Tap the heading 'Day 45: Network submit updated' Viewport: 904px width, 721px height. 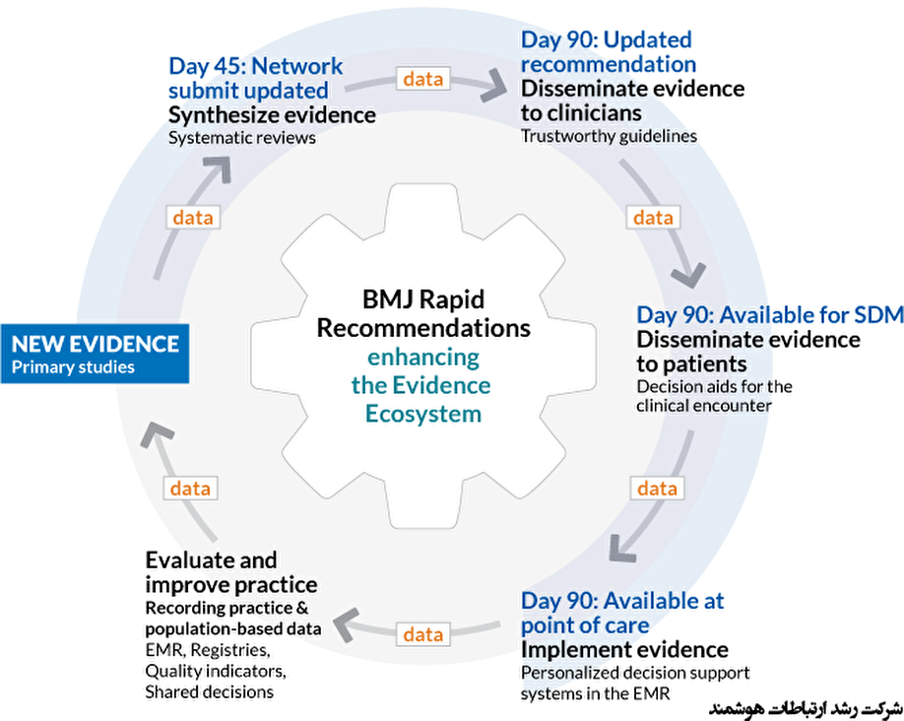click(x=255, y=78)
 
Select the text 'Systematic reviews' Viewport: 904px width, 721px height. click(x=241, y=138)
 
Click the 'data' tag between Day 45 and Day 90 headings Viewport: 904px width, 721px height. click(x=422, y=79)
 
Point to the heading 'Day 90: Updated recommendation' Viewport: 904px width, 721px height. click(x=608, y=52)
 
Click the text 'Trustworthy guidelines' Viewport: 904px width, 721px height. click(x=609, y=136)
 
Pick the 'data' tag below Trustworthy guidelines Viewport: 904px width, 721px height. click(x=653, y=218)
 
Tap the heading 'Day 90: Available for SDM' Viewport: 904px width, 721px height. click(x=769, y=315)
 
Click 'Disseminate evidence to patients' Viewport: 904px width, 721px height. click(x=747, y=352)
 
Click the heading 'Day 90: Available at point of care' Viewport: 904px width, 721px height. click(x=621, y=613)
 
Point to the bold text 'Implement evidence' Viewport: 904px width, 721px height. click(x=624, y=650)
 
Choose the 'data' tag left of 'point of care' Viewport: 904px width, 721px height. click(x=422, y=634)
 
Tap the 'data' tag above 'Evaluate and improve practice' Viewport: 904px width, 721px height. click(x=190, y=488)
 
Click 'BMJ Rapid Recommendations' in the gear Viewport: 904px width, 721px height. click(x=422, y=313)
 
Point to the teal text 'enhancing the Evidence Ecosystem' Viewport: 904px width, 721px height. click(x=421, y=384)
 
